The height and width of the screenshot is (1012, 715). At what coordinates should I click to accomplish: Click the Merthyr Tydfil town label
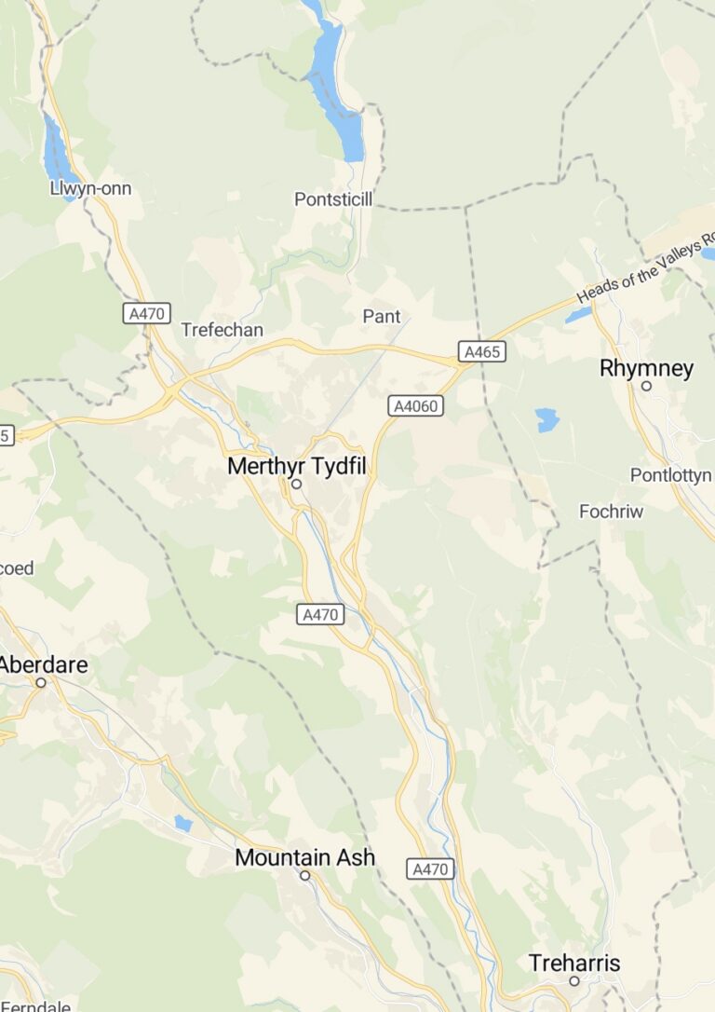pos(297,466)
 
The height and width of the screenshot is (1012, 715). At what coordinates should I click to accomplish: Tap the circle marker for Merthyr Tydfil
pos(297,485)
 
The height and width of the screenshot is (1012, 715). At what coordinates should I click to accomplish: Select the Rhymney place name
pos(646,368)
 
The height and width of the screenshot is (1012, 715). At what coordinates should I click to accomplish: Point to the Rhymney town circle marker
pos(646,386)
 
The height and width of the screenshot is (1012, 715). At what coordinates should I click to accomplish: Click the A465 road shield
pos(481,351)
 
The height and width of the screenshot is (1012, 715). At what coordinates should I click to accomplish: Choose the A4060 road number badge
pos(415,405)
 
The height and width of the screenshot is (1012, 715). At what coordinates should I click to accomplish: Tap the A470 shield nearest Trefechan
pos(147,313)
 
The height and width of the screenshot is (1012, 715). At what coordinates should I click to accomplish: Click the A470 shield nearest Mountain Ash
pos(431,868)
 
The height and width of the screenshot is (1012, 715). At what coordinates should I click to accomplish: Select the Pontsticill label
pos(332,198)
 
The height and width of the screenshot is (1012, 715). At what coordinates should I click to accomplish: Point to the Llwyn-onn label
pos(90,189)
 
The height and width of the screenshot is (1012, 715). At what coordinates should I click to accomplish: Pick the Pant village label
pos(381,317)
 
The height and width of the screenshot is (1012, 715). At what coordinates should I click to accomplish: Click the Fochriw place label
pos(611,511)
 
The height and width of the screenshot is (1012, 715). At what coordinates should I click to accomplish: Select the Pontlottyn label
pos(670,475)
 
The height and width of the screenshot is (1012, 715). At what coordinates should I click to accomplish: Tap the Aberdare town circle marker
pos(41,682)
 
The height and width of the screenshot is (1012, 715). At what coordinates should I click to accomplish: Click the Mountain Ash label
pos(304,857)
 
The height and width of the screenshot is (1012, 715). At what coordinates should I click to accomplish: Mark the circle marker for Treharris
pos(574,980)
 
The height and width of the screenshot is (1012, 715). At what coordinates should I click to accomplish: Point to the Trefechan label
pos(222,330)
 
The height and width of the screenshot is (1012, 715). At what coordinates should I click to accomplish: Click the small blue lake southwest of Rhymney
pos(547,420)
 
